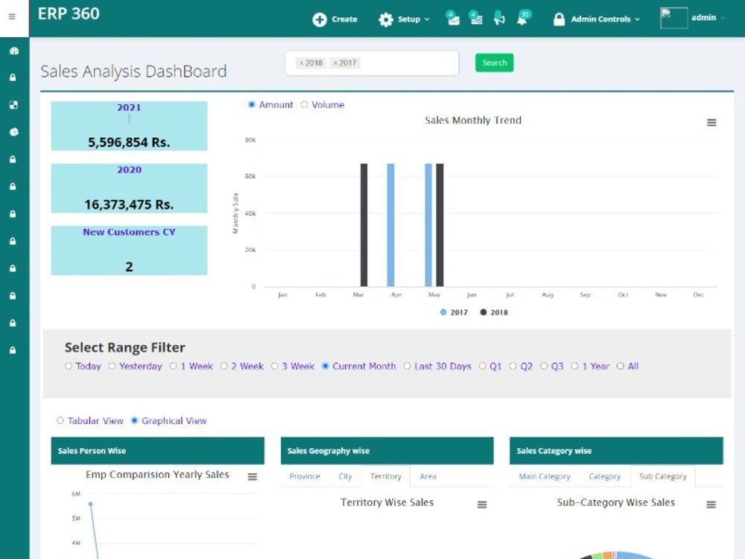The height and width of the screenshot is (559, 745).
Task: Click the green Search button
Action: click(494, 63)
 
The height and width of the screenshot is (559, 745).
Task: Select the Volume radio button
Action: click(305, 104)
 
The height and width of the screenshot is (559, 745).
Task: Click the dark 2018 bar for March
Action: click(364, 225)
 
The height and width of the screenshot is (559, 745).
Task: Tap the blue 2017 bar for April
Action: click(390, 225)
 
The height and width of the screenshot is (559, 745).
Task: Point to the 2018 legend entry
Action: click(494, 312)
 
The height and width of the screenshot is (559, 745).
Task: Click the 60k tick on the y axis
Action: click(250, 177)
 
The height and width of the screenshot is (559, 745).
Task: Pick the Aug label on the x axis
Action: click(548, 294)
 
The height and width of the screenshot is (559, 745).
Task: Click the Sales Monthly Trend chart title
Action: click(473, 120)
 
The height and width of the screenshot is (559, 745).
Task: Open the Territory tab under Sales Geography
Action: click(386, 476)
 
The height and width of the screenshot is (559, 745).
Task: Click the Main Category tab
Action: click(545, 476)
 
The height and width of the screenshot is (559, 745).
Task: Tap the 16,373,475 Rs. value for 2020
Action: click(129, 205)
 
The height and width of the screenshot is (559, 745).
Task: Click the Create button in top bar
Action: click(335, 19)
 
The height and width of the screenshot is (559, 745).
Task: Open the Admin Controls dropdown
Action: click(597, 19)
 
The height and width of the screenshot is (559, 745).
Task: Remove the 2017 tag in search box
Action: click(335, 63)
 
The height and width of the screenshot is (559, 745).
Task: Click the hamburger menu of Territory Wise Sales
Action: click(482, 505)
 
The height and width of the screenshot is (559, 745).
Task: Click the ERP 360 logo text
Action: click(69, 13)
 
